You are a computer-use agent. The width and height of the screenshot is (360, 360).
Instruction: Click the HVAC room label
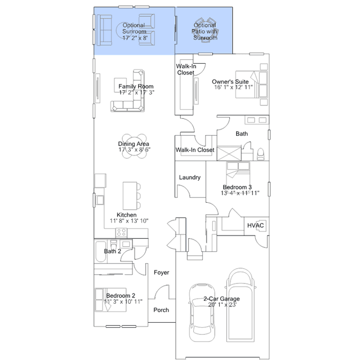click(x=255, y=225)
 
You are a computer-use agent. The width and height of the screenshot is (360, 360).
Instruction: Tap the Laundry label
click(x=190, y=177)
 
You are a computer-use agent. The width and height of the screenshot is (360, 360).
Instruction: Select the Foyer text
click(x=161, y=272)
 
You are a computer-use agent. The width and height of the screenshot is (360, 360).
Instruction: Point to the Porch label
click(x=161, y=310)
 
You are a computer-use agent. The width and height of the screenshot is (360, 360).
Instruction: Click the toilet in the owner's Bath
click(x=261, y=154)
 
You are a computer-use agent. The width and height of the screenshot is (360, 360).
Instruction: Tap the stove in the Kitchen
click(x=121, y=233)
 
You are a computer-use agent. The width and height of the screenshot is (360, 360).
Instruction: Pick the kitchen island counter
click(x=130, y=195)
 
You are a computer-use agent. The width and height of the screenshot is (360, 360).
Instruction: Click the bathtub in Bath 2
click(x=100, y=252)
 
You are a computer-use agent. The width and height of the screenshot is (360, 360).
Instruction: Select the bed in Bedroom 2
click(x=110, y=300)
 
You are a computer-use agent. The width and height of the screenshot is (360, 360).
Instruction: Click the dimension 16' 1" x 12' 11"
click(x=233, y=87)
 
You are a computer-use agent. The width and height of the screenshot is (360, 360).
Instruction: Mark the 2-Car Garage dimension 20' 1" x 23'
click(x=222, y=305)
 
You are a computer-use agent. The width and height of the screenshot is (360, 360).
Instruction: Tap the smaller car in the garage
click(x=202, y=313)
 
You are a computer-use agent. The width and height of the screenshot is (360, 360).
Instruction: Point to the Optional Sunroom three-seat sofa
click(x=104, y=30)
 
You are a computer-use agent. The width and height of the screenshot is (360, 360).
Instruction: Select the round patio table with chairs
click(x=205, y=29)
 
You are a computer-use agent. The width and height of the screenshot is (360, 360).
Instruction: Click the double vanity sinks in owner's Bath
click(x=257, y=120)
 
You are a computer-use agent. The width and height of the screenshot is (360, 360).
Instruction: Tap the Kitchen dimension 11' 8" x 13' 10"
click(x=129, y=221)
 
